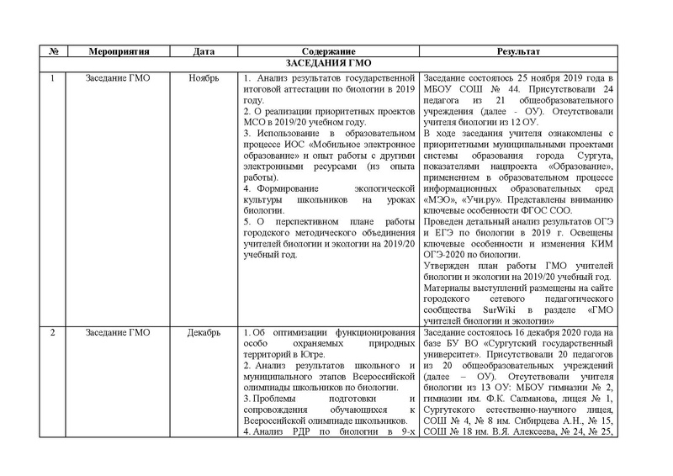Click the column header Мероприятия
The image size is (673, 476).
click(x=119, y=51)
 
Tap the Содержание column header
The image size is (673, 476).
click(x=324, y=51)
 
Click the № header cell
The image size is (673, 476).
click(x=54, y=51)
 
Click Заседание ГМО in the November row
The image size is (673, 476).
click(x=119, y=77)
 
